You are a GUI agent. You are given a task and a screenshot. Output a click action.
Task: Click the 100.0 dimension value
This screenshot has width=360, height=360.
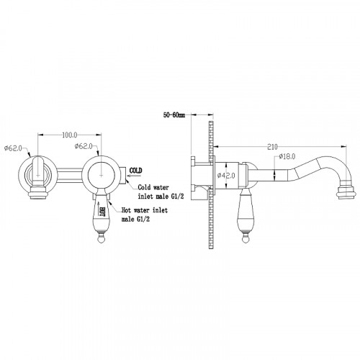[70, 135]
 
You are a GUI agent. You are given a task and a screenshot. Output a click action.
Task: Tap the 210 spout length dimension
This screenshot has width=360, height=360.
[272, 147]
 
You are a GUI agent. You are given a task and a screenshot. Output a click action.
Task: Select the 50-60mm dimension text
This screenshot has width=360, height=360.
[174, 115]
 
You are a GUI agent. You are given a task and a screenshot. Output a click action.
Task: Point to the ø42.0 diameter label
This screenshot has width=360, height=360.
[226, 176]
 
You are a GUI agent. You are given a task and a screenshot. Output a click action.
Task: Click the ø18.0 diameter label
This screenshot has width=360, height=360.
[287, 157]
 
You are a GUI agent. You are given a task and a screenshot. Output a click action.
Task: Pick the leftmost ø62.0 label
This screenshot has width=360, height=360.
[13, 148]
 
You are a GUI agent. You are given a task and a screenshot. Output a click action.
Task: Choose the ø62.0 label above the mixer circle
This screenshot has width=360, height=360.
[84, 146]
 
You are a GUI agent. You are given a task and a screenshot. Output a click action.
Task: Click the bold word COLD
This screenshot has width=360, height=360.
[136, 171]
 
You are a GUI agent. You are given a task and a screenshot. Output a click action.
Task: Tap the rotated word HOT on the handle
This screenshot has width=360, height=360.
[102, 212]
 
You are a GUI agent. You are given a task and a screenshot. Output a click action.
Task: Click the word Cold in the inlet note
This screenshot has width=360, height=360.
[144, 187]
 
